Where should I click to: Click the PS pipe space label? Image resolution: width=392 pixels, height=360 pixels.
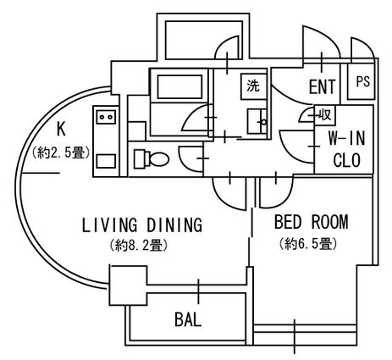tap(362, 81)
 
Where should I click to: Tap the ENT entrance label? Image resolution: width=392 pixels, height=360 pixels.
tap(323, 86)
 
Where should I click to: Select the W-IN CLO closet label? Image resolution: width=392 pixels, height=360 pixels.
tap(347, 149)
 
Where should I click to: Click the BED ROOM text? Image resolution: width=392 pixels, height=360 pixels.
tap(312, 222)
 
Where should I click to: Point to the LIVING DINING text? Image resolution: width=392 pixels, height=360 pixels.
tap(142, 225)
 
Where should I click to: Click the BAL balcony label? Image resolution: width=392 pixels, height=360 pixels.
tap(188, 319)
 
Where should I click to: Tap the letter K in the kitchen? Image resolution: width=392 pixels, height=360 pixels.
tap(61, 129)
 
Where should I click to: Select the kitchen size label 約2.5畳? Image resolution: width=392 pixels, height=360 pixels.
tap(61, 152)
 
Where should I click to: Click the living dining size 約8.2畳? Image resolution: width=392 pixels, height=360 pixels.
tap(139, 246)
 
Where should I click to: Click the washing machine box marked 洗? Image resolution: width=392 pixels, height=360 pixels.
tap(254, 86)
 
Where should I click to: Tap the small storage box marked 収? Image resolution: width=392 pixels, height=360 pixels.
tap(325, 115)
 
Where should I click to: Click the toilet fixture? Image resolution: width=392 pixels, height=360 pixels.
tap(152, 159)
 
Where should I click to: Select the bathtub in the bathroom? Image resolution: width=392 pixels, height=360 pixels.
tap(180, 86)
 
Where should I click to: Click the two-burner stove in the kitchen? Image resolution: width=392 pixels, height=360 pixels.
tap(106, 117)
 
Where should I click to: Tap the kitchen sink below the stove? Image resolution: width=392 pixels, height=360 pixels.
tap(106, 161)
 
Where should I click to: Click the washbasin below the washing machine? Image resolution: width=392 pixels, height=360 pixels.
tap(257, 121)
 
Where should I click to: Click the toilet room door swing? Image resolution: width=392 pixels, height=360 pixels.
tap(191, 158)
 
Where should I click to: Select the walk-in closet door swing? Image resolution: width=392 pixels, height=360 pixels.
tap(297, 147)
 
